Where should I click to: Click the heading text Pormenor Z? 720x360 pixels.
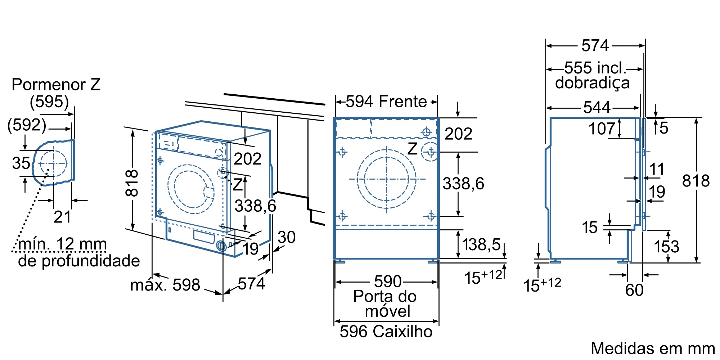[56, 85]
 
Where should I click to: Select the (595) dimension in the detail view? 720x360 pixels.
[49, 102]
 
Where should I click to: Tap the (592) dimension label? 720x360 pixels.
[27, 125]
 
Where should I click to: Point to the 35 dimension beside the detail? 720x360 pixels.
[21, 163]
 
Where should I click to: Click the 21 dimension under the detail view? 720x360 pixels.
[62, 217]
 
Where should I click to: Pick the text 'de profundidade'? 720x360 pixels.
[79, 261]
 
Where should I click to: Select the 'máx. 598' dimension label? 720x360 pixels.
[165, 285]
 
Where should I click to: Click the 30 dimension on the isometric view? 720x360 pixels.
[287, 237]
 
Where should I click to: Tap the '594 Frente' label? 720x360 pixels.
[386, 102]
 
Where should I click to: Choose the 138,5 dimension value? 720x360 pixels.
[481, 245]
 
